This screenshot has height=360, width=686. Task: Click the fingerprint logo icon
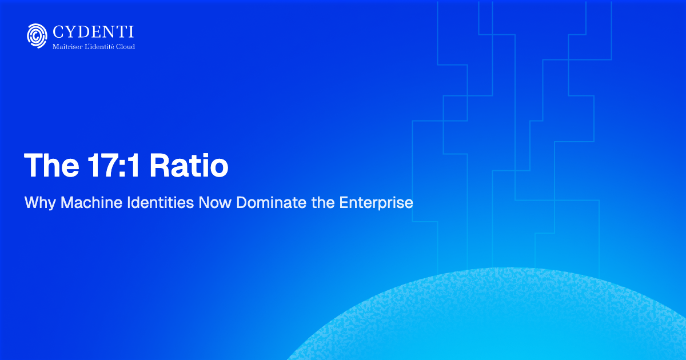click(x=37, y=35)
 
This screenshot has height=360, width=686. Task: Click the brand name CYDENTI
click(x=93, y=32)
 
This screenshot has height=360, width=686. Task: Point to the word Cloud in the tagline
click(x=126, y=46)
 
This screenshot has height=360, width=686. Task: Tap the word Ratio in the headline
click(x=189, y=166)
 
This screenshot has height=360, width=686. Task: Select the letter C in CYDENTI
click(x=58, y=32)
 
